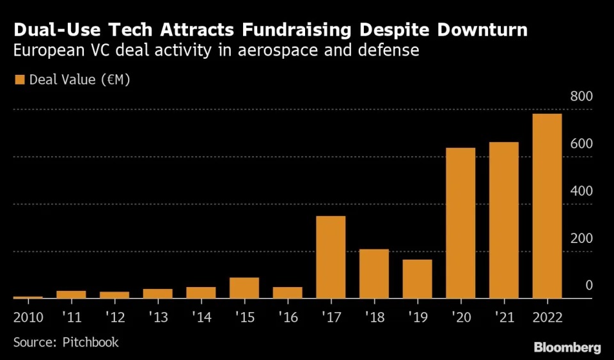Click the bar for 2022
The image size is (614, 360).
[547, 206]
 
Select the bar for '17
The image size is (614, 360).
[331, 257]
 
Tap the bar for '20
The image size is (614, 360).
[460, 223]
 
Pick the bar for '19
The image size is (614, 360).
[417, 279]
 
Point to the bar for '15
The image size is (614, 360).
[244, 288]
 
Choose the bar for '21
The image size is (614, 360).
[503, 220]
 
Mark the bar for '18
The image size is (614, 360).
[374, 274]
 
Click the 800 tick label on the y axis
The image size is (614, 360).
[581, 97]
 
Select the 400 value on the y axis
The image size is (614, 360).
[581, 191]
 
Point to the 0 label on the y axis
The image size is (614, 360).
[589, 285]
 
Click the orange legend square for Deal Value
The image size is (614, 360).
[19, 80]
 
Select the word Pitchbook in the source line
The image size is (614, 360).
[91, 342]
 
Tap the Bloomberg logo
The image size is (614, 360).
[567, 348]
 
